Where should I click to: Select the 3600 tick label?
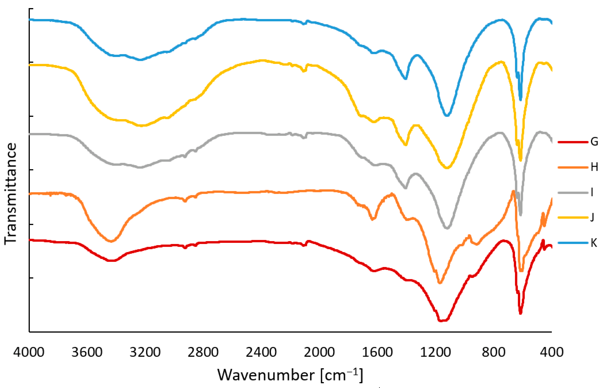click(x=87, y=352)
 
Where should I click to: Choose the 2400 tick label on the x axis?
click(x=261, y=352)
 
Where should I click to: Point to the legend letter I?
click(x=592, y=192)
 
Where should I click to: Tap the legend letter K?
click(x=594, y=243)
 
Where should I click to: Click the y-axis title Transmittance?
click(x=11, y=193)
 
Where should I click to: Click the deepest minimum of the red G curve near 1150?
click(x=441, y=321)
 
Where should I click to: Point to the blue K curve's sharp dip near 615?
click(x=521, y=100)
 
